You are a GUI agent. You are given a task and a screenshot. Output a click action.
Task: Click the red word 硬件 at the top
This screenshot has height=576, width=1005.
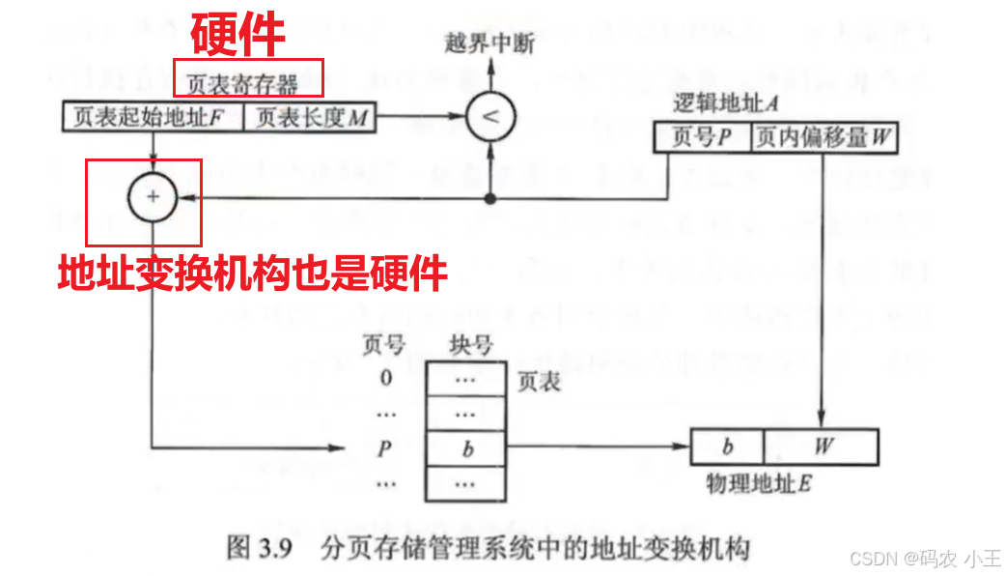point(237,35)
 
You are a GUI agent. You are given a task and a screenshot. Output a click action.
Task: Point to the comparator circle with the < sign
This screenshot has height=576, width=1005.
point(490,118)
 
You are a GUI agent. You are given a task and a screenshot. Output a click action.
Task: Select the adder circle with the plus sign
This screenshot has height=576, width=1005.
point(153,196)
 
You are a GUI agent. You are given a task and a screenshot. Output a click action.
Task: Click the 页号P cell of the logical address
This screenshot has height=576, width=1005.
point(702,138)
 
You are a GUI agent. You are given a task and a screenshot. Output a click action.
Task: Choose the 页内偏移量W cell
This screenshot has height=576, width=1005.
point(824,138)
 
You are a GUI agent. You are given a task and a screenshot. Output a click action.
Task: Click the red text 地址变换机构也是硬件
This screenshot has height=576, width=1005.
point(252,274)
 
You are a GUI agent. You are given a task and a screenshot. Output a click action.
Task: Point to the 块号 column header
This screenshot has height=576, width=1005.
point(471,345)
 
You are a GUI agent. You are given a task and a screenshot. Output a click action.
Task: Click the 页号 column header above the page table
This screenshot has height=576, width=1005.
point(383,345)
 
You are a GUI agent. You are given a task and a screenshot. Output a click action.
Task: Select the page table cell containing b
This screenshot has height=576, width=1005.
point(467,447)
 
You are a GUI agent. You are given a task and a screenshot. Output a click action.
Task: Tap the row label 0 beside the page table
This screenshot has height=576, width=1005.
point(386,378)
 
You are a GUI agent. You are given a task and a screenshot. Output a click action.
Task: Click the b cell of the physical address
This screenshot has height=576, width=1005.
point(728,446)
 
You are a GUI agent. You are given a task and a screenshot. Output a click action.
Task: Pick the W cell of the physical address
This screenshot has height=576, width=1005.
point(822,446)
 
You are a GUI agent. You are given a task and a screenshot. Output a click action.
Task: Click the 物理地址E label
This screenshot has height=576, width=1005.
point(759,482)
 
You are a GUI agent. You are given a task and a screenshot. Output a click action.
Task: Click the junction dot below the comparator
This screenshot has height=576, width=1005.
point(490,198)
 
